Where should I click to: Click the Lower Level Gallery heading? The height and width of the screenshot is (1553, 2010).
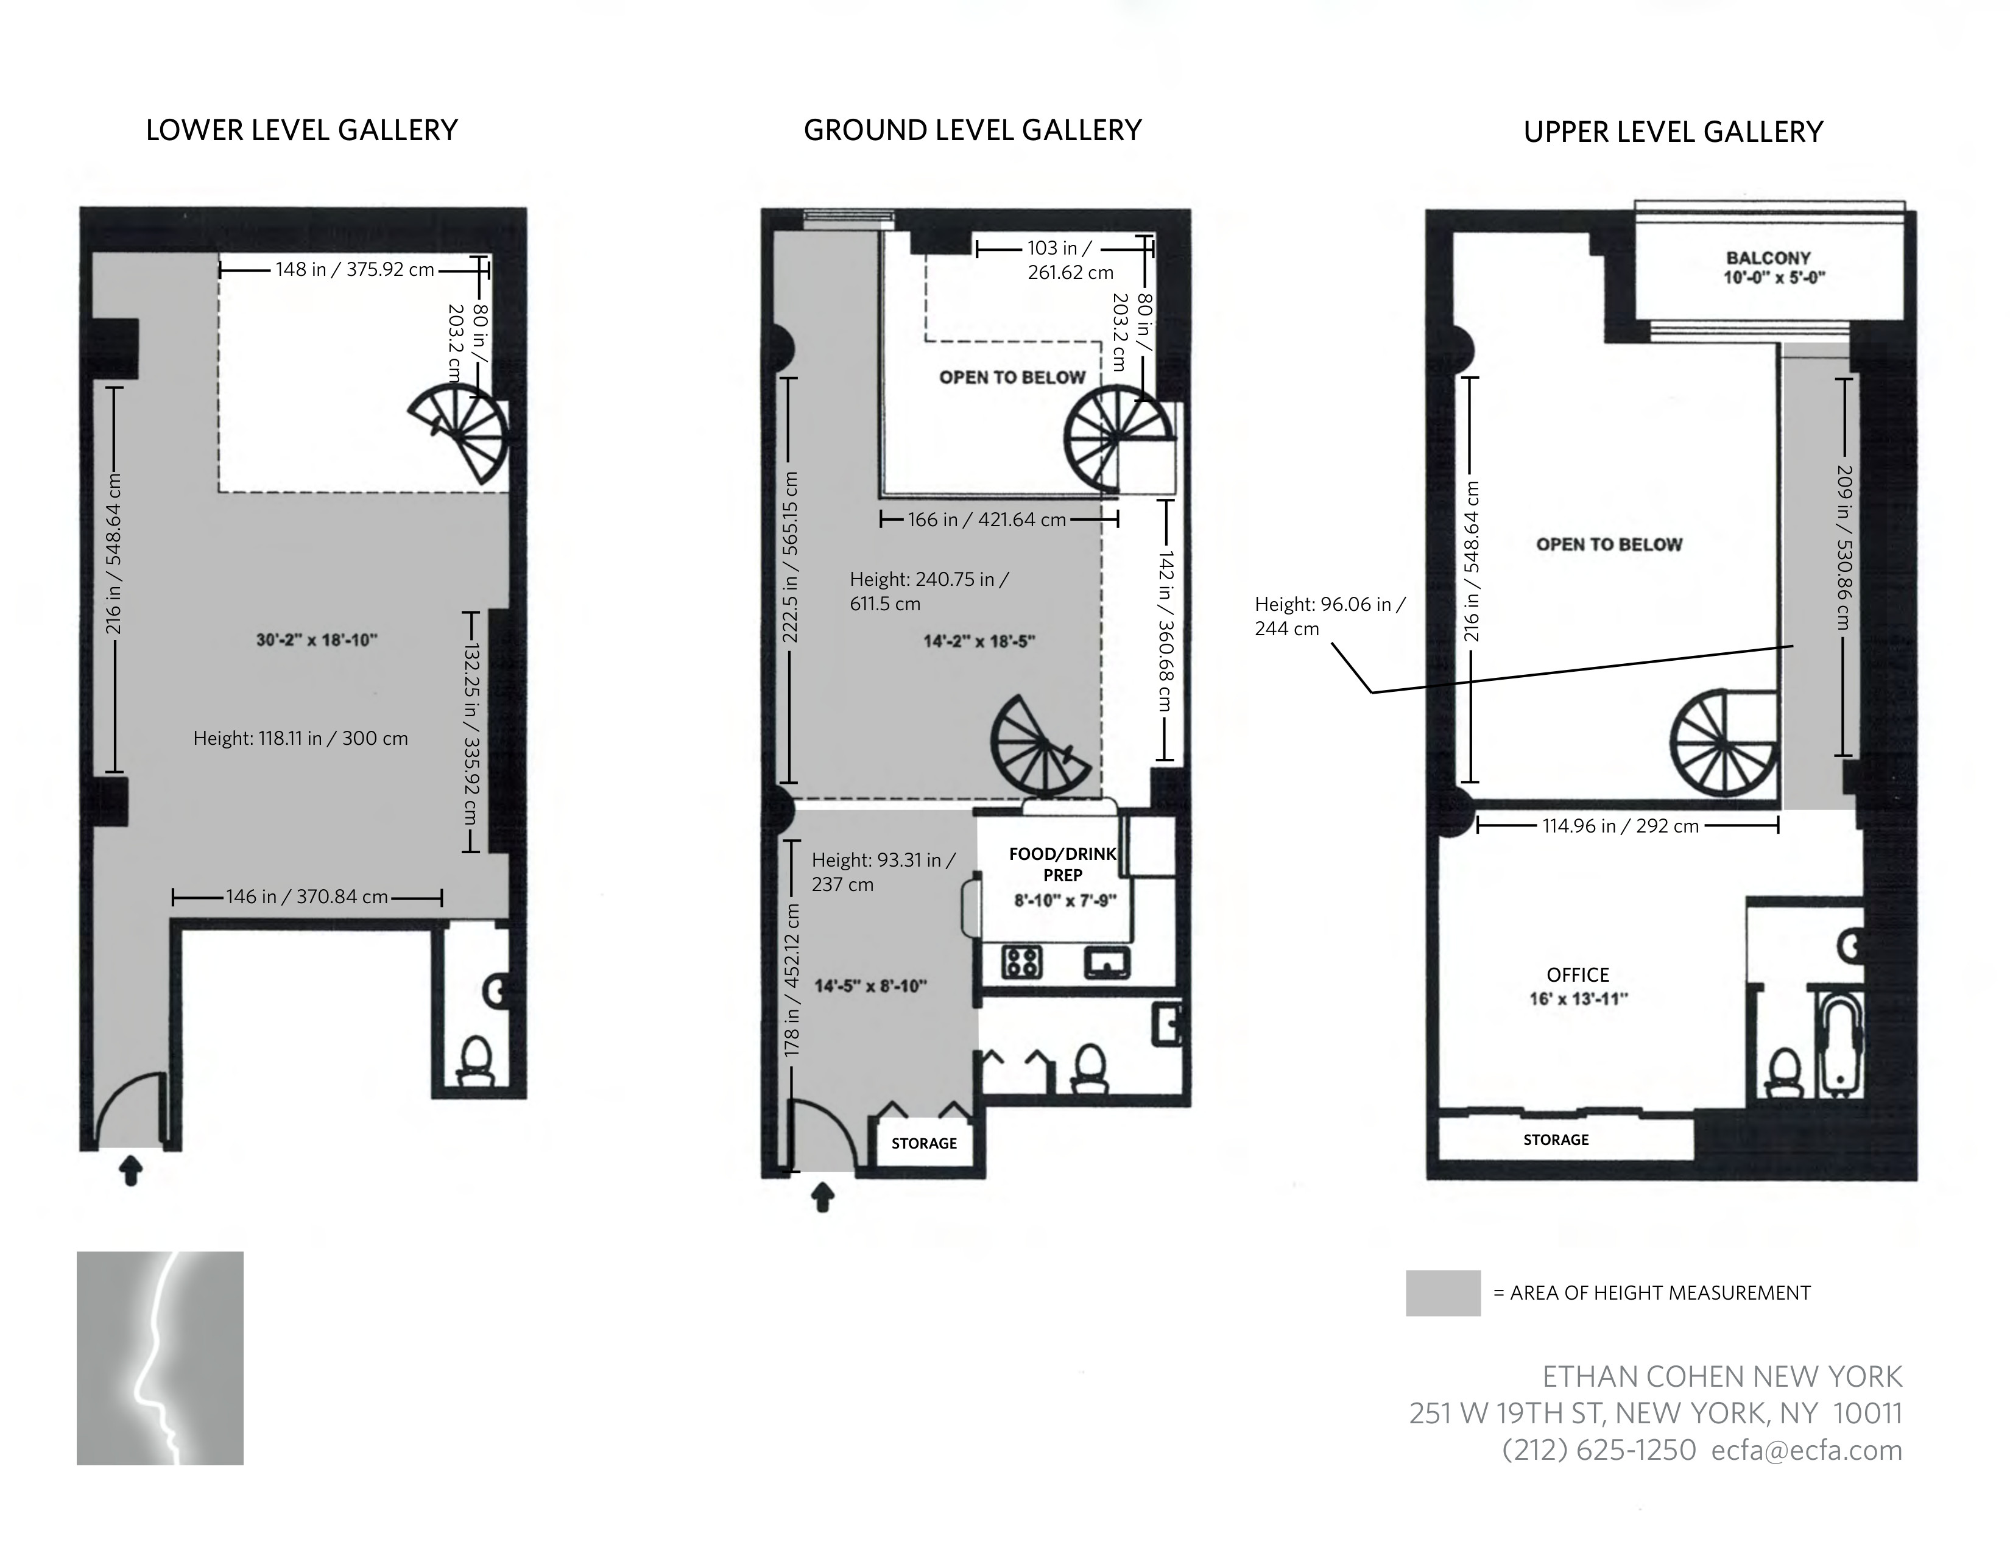(302, 131)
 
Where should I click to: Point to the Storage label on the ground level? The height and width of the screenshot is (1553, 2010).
(924, 1144)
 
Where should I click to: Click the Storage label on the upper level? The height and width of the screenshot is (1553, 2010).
(1556, 1140)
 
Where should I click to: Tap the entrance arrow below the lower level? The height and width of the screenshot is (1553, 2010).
(132, 1171)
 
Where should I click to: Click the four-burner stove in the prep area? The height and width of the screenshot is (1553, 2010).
(1021, 962)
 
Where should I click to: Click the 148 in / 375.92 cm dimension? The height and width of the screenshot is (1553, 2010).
(354, 270)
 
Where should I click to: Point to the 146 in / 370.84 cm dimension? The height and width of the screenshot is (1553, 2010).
(308, 897)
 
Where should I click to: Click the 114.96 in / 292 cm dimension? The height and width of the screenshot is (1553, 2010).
(1620, 826)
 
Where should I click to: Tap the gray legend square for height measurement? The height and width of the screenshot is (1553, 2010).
(1442, 1292)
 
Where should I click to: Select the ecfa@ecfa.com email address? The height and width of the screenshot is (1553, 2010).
(1806, 1451)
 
